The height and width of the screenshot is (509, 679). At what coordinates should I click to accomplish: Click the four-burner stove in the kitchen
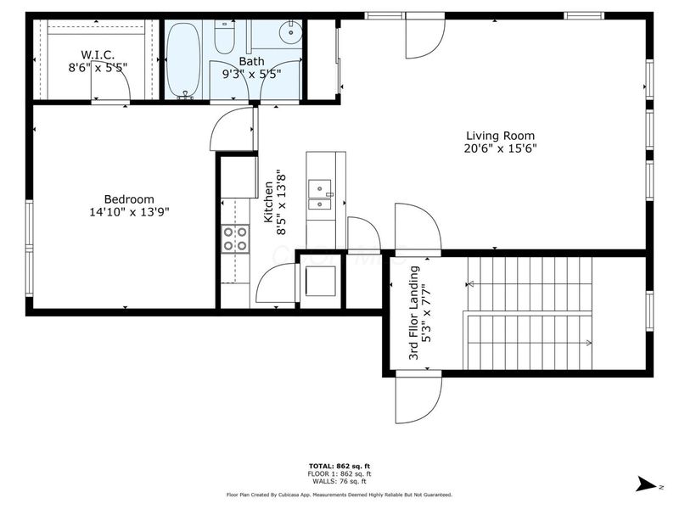click(x=235, y=238)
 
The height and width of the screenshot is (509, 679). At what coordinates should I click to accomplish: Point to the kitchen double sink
click(x=320, y=195)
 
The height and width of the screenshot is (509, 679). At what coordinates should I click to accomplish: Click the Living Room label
click(x=500, y=136)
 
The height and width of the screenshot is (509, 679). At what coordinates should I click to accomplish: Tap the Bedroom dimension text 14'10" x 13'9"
click(x=129, y=212)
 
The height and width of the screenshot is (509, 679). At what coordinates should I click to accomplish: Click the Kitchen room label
click(x=269, y=202)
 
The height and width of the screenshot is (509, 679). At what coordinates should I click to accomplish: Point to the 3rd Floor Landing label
click(x=414, y=313)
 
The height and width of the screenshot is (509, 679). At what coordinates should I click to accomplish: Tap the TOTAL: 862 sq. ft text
click(x=339, y=467)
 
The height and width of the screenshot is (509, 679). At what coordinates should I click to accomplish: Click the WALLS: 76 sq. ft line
click(x=339, y=481)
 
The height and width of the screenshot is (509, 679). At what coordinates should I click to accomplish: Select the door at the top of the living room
click(x=424, y=37)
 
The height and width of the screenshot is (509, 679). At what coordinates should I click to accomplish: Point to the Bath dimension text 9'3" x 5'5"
click(x=251, y=75)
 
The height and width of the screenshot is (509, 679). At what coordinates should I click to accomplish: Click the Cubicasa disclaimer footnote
click(x=339, y=494)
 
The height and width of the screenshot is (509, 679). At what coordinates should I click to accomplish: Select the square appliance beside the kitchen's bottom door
click(x=320, y=279)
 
